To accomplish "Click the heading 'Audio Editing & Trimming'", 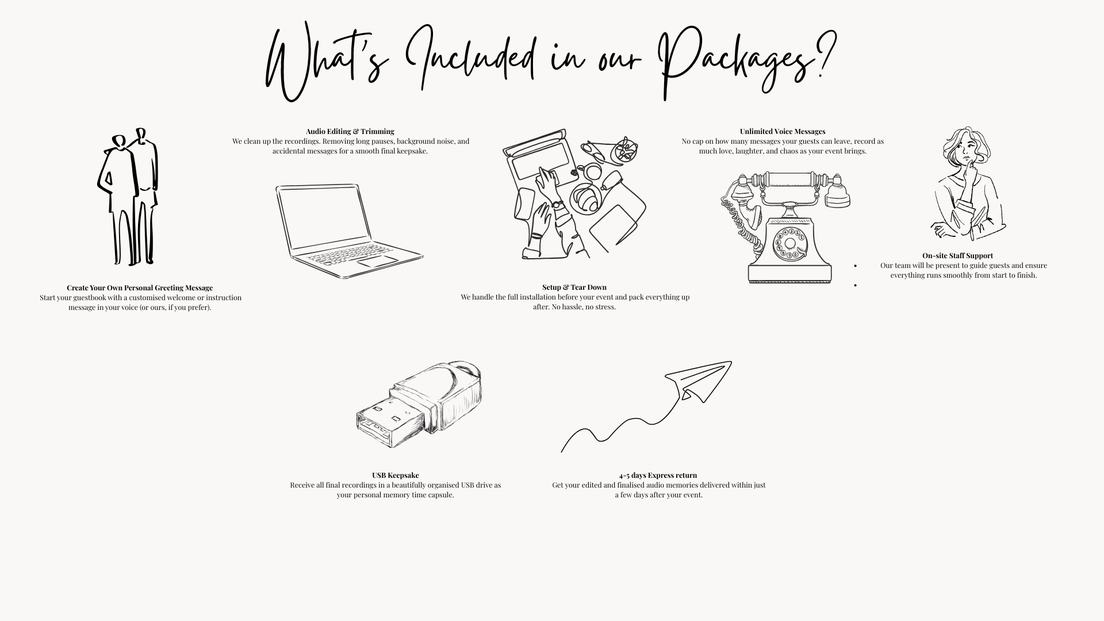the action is pyautogui.click(x=350, y=132).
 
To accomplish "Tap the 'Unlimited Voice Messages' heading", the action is pyautogui.click(x=783, y=132).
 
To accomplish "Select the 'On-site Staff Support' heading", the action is pyautogui.click(x=957, y=256).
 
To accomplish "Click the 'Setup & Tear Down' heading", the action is pyautogui.click(x=574, y=287).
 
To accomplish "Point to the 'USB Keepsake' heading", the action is pyautogui.click(x=396, y=476).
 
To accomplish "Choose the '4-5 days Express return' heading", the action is pyautogui.click(x=658, y=476).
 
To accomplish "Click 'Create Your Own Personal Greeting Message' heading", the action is pyautogui.click(x=140, y=288).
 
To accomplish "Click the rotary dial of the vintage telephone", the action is pyautogui.click(x=789, y=243).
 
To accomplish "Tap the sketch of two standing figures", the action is pyautogui.click(x=128, y=197).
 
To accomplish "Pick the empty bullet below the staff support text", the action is pyautogui.click(x=856, y=285).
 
